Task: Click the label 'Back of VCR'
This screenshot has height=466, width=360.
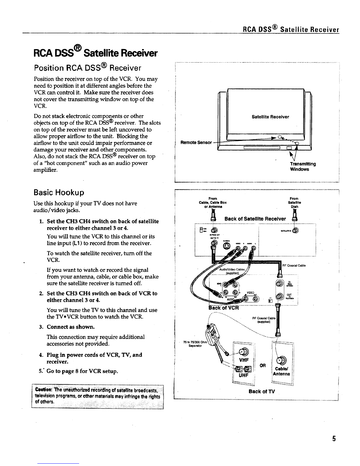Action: (x=224, y=308)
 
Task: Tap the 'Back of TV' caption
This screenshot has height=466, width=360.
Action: (x=262, y=391)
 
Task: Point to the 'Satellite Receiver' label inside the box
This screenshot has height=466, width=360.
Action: (x=270, y=117)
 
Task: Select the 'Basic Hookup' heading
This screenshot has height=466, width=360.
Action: (x=59, y=193)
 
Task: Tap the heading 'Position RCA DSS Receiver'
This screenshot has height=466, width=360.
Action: (x=88, y=68)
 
